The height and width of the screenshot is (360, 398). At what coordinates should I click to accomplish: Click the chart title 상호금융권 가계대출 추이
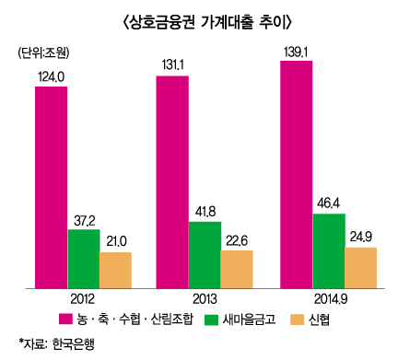198,21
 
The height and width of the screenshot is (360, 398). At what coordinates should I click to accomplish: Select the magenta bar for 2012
51,189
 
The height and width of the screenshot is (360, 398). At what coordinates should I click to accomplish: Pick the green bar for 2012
83,259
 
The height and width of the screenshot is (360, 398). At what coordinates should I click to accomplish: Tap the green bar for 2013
205,255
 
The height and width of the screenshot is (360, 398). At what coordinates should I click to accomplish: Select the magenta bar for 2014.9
296,175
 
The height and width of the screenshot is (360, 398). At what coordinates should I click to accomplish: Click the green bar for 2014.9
328,251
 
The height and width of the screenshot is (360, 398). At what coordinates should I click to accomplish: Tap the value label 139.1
296,52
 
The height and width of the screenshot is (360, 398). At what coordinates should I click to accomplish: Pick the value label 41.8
205,211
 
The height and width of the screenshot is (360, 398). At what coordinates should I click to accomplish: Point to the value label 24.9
360,237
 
